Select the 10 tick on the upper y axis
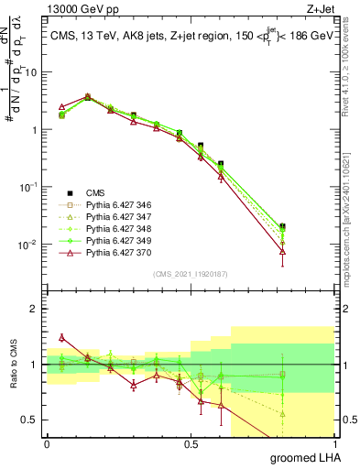pos(31,71)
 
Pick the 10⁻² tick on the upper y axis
pos(28,244)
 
